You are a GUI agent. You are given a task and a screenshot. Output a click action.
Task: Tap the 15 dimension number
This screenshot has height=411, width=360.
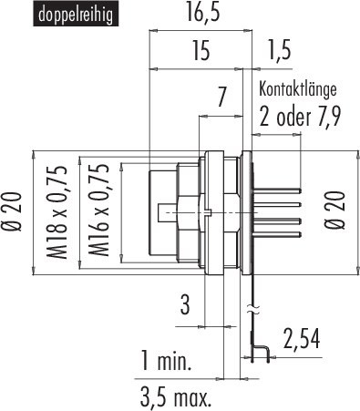[x=200, y=52]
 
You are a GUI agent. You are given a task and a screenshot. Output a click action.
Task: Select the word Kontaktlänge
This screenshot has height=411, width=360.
[x=299, y=89]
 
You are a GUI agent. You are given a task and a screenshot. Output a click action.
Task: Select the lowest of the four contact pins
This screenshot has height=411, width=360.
[x=279, y=237]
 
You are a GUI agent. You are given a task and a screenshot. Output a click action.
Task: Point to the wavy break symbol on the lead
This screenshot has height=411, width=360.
[x=252, y=308]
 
